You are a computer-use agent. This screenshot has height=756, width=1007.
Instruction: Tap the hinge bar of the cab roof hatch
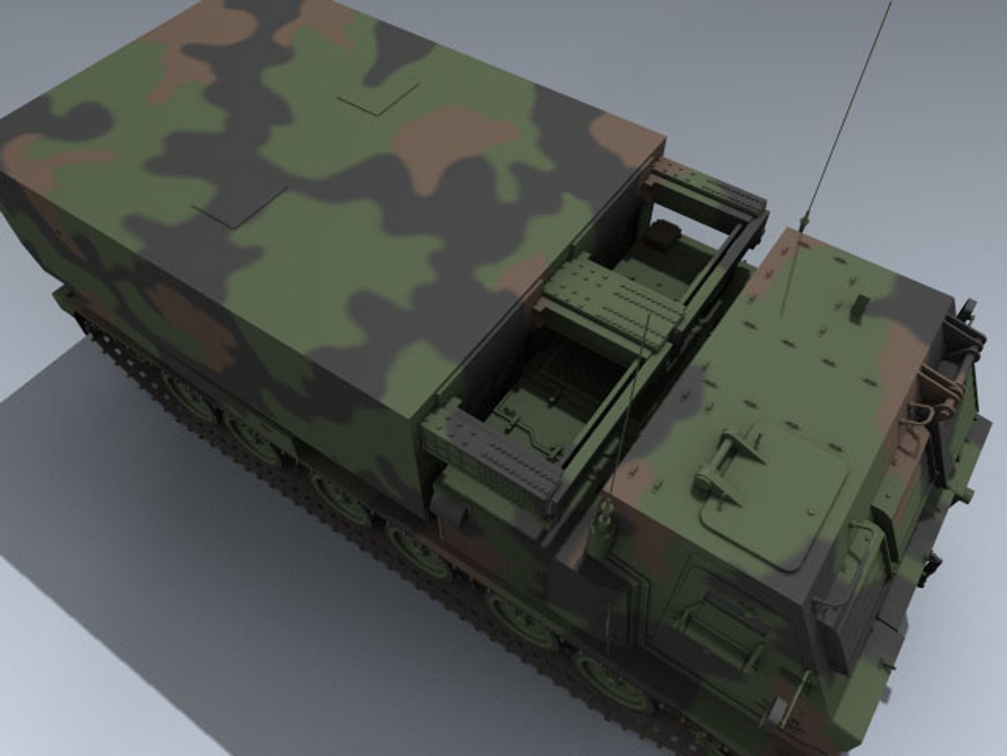coord(727,448)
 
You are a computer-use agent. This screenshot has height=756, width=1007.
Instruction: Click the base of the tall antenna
coord(801,223)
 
